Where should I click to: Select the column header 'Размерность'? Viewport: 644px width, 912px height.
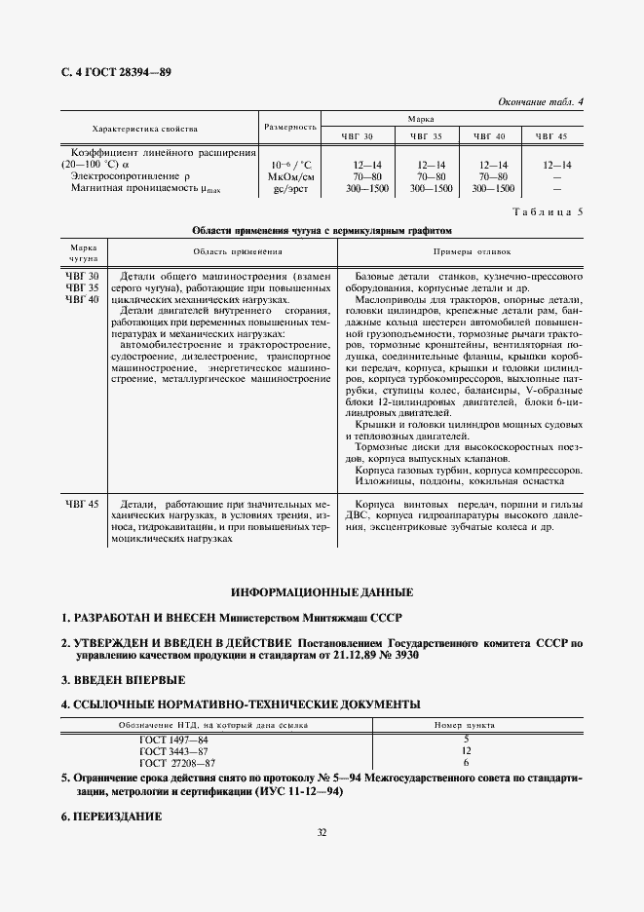[290, 127]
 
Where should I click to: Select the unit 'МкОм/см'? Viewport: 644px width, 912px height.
[290, 176]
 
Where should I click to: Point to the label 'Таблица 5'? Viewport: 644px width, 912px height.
[548, 211]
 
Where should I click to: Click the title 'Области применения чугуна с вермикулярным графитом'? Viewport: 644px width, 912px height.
[322, 232]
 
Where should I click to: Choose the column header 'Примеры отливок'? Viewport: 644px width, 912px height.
[461, 251]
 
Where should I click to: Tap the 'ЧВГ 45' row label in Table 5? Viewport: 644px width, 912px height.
[83, 503]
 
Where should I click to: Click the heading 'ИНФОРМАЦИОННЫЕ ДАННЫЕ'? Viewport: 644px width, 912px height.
[322, 592]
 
